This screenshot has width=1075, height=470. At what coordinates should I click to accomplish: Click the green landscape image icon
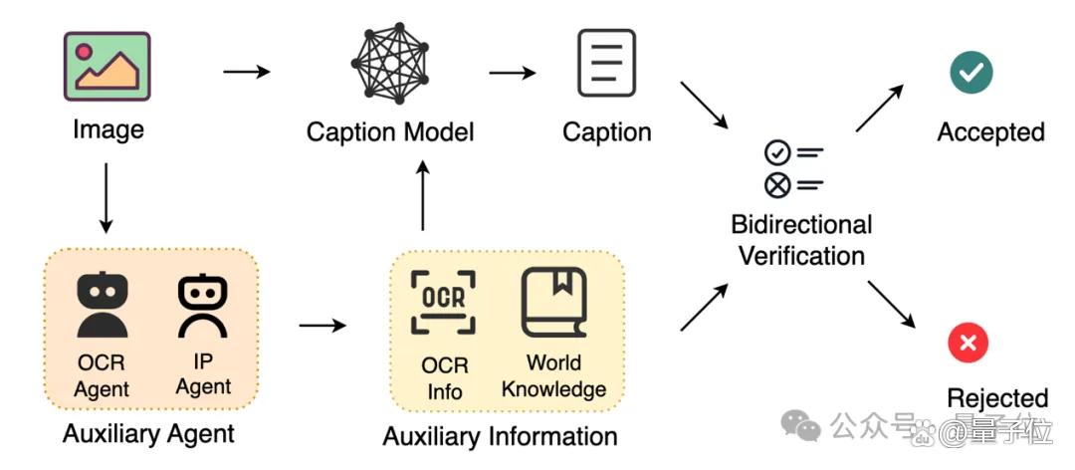pos(107,67)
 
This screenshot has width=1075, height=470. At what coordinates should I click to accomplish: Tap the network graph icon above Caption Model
pos(389,63)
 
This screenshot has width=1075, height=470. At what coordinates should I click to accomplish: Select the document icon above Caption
pos(607,63)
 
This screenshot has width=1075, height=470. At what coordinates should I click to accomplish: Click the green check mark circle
pos(970,72)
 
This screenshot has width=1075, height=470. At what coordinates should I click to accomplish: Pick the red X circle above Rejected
pos(968,343)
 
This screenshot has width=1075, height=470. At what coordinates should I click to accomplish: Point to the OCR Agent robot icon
pos(103,305)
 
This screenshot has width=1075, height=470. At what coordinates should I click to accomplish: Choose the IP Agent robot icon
pos(203,306)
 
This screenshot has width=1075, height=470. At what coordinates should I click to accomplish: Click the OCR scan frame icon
pos(443,302)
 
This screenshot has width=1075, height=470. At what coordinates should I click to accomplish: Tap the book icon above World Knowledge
pos(554,303)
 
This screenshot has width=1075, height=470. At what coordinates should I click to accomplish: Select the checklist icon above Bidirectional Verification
pos(793,169)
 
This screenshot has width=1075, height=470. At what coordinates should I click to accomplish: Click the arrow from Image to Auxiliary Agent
pos(106,197)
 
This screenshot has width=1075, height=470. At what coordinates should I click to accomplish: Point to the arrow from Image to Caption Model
pos(247,72)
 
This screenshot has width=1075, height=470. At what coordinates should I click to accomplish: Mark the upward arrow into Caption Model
pos(423,195)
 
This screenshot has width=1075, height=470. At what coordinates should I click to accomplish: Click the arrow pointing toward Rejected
pos(891,304)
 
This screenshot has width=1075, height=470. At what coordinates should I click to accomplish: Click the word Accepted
pos(990,131)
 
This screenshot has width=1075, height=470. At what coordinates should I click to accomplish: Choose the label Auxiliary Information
pos(500,436)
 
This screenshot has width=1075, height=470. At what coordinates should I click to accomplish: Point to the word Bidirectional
pos(801,224)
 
